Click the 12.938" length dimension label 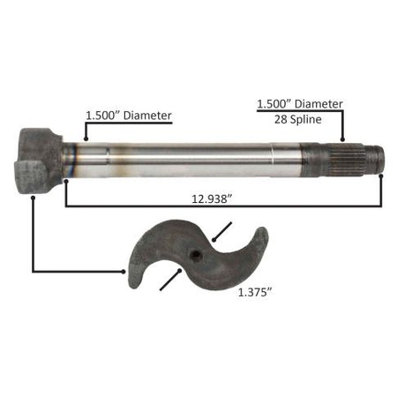210,199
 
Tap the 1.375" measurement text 254,293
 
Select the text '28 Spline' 298,119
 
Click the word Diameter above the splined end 318,104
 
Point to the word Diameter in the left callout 147,116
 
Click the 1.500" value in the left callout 103,116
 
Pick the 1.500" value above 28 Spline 274,104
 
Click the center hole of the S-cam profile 195,254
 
